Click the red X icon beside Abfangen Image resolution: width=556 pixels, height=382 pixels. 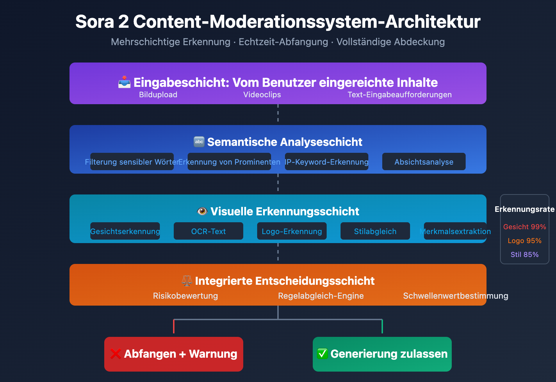(116, 354)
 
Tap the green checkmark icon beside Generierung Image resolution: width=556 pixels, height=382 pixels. (322, 354)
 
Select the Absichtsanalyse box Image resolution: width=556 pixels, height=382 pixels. (424, 161)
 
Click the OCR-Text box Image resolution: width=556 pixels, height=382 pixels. (208, 231)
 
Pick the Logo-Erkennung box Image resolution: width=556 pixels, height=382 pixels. (292, 231)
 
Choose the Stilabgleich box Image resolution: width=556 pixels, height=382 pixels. (375, 231)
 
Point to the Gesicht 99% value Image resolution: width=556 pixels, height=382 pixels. (524, 227)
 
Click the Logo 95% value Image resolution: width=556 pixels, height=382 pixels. (524, 241)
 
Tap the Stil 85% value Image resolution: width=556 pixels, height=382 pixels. (524, 255)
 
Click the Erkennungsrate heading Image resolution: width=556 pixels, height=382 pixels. (524, 209)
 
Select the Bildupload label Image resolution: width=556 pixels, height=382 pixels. (158, 94)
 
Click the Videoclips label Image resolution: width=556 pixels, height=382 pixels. (262, 94)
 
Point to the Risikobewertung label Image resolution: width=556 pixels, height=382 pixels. (186, 296)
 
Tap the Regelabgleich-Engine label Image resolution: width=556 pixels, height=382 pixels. (321, 296)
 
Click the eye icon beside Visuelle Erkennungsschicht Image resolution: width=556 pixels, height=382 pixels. (202, 211)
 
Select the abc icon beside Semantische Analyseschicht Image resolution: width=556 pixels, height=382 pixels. (199, 142)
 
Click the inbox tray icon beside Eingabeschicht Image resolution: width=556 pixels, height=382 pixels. (124, 82)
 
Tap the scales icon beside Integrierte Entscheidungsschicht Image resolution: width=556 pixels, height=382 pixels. (187, 281)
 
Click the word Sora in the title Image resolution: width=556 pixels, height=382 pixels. (95, 22)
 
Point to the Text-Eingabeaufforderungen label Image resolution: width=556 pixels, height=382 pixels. (400, 94)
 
